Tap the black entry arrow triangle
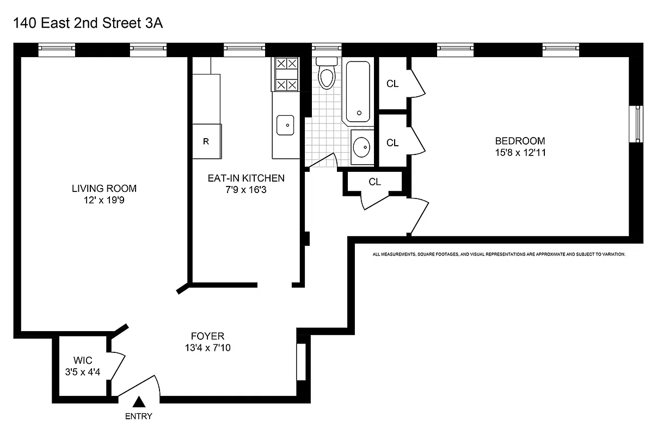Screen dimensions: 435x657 click(x=139, y=402)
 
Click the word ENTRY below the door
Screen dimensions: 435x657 click(x=139, y=417)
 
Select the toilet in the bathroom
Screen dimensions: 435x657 click(x=327, y=74)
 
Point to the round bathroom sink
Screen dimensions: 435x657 click(x=361, y=146)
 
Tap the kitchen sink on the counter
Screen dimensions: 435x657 click(x=285, y=125)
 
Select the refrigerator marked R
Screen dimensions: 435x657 click(x=207, y=141)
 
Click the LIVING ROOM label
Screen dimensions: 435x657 click(x=104, y=189)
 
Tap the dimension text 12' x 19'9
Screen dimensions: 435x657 click(x=104, y=200)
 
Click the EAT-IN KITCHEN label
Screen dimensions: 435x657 click(x=245, y=178)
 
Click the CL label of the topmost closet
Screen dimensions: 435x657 click(x=392, y=84)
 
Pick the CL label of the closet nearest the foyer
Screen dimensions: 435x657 click(x=374, y=182)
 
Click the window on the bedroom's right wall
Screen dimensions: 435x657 click(x=636, y=125)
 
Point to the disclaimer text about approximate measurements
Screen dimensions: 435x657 click(x=499, y=254)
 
